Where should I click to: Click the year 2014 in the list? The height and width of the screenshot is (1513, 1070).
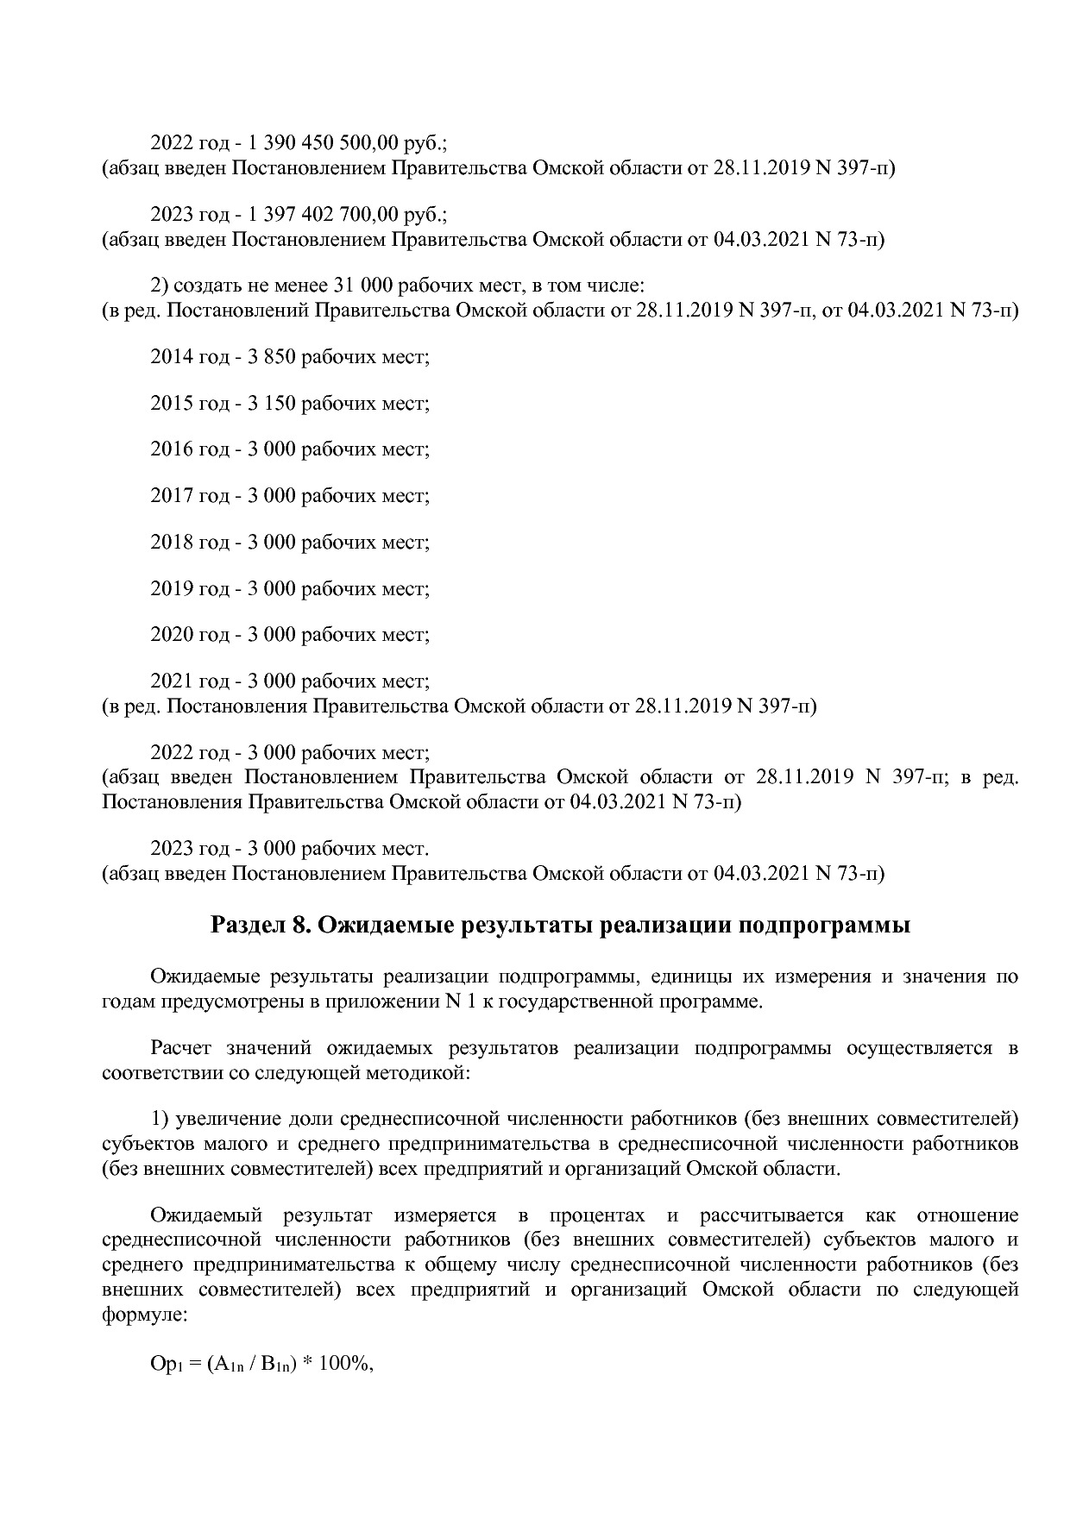tap(172, 356)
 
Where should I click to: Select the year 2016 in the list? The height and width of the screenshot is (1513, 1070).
tap(172, 449)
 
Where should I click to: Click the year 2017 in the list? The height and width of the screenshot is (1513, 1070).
tap(172, 496)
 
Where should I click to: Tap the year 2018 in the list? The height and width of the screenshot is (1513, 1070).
tap(172, 543)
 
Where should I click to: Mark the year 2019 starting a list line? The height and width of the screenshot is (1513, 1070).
tap(172, 589)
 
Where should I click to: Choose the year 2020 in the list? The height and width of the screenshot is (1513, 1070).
tap(172, 636)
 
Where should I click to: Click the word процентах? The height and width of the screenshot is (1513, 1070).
tap(596, 1216)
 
